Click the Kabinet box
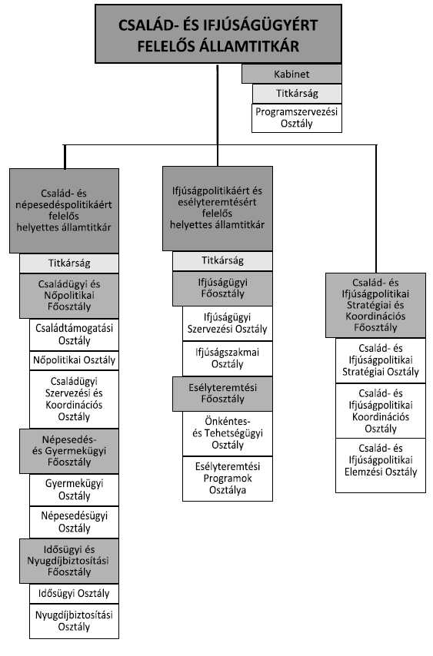[x=291, y=74]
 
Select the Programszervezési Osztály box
[x=296, y=118]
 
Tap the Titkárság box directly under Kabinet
[x=297, y=93]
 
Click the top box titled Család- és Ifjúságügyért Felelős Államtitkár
[x=218, y=35]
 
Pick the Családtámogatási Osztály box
[x=74, y=334]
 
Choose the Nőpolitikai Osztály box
[x=74, y=360]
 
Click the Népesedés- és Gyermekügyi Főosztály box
[x=69, y=451]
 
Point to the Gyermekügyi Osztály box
[x=74, y=489]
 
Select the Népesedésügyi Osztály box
[x=74, y=522]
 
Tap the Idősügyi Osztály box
[x=74, y=593]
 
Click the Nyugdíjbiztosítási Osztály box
[x=74, y=621]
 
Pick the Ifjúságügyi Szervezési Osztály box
[x=228, y=323]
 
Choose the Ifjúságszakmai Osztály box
[x=228, y=358]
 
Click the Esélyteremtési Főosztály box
[x=222, y=393]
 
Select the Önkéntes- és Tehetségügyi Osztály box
[x=228, y=433]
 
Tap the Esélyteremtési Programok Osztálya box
[x=228, y=479]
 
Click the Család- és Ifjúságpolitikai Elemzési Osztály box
[x=381, y=465]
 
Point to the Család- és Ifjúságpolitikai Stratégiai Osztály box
[x=381, y=360]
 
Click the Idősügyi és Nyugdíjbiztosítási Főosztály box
[x=69, y=561]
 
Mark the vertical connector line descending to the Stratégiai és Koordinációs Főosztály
[x=376, y=209]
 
